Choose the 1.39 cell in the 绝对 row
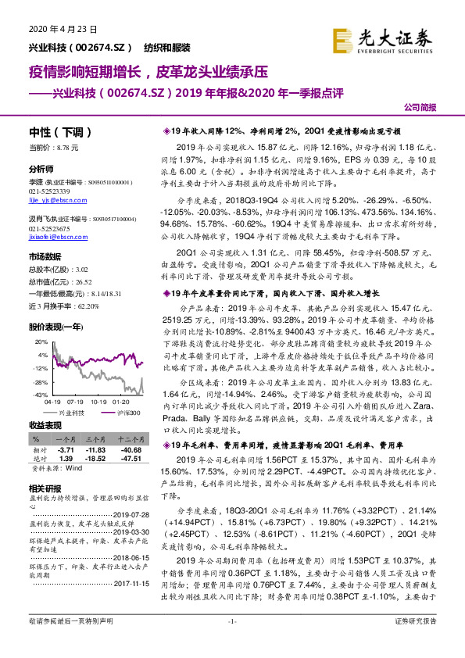point(66,460)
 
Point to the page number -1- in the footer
point(231,642)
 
